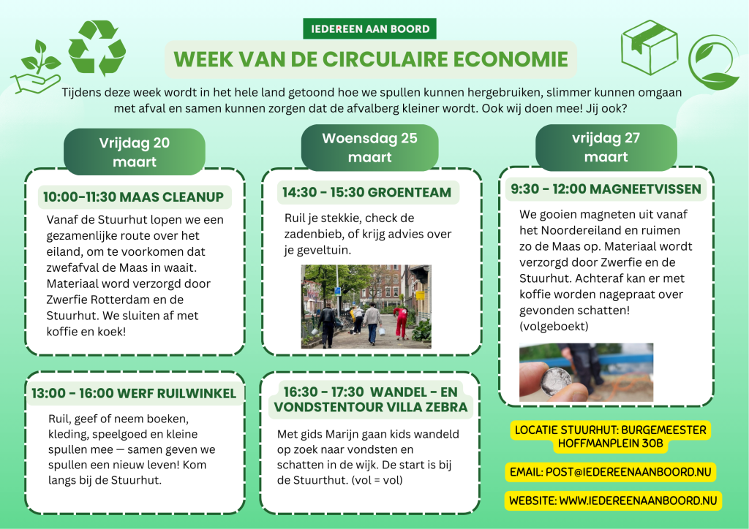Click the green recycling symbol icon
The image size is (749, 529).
click(97, 47)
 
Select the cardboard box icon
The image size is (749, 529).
click(650, 47)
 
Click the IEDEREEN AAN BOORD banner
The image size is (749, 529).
click(369, 28)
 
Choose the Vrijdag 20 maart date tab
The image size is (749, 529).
click(135, 152)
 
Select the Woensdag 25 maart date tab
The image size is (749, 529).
click(369, 148)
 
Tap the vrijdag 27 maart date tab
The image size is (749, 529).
click(606, 147)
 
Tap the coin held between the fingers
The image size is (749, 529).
click(556, 381)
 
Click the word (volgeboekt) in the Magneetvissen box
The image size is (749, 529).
click(554, 327)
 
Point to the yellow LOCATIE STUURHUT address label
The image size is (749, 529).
click(611, 436)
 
